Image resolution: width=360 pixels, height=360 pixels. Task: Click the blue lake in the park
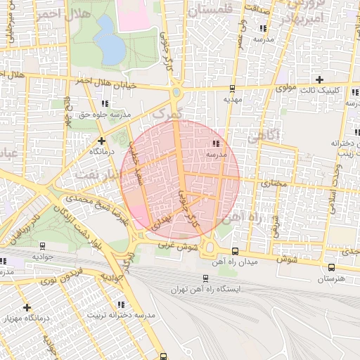click(109, 40)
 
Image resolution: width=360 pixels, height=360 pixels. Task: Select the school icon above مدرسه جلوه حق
click(105, 104)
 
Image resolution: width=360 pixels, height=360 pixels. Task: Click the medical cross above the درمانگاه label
click(101, 141)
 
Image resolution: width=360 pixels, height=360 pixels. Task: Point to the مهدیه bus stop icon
click(232, 89)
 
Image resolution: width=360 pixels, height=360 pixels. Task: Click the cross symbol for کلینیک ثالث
click(320, 79)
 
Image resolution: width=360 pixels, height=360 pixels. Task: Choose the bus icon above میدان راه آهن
click(235, 251)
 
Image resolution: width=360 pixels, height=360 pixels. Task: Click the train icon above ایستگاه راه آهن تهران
click(205, 278)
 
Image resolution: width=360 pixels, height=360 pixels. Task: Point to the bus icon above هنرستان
click(331, 267)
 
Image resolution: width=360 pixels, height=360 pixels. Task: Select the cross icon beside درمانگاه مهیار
click(27, 307)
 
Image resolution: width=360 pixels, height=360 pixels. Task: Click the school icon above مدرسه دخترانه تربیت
click(121, 304)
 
